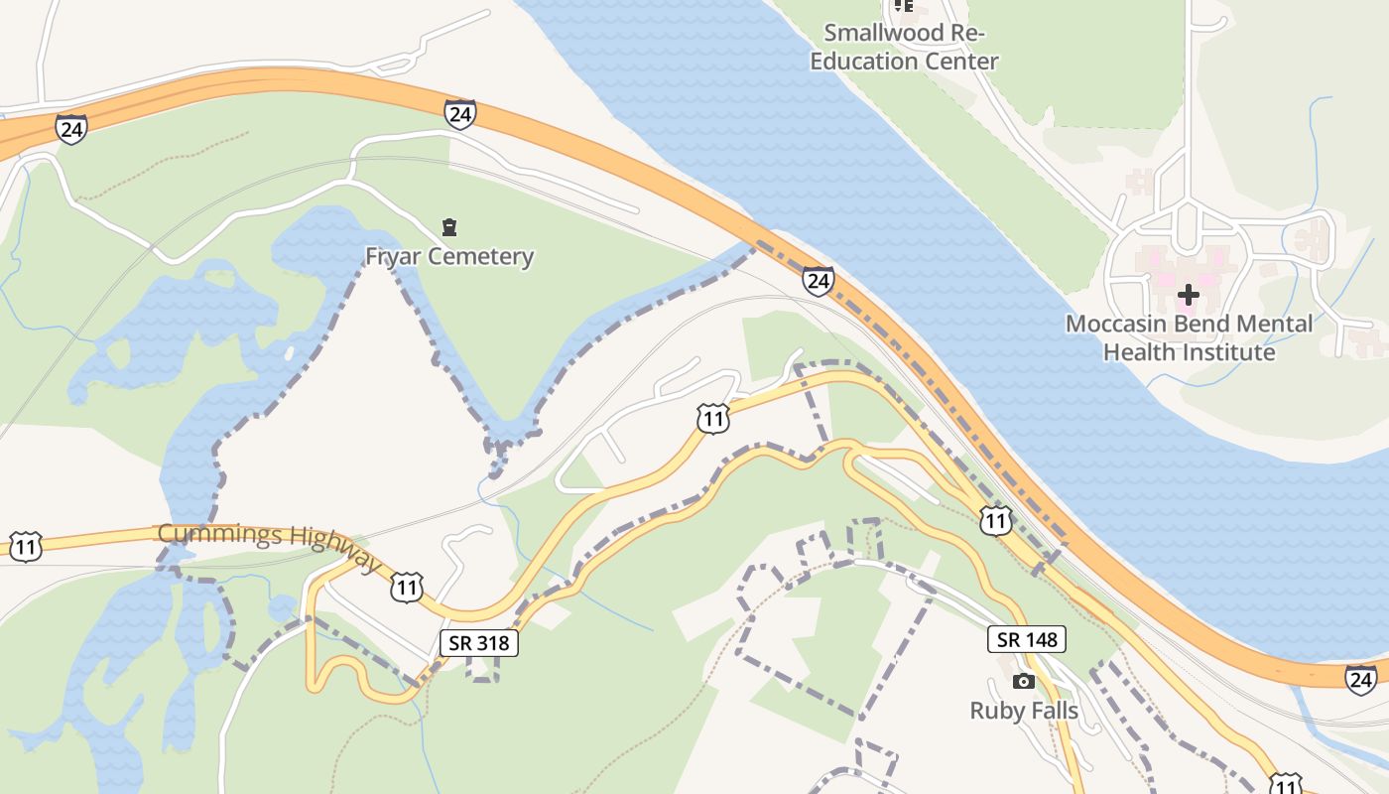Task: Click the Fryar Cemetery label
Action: [449, 256]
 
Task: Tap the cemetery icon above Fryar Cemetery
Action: [449, 227]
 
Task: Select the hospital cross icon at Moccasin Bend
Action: [1188, 295]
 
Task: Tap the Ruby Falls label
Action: [1024, 710]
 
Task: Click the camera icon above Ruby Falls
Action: [1024, 681]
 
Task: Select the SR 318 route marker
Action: [479, 643]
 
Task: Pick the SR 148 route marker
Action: [1027, 640]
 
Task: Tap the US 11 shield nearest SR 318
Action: [406, 587]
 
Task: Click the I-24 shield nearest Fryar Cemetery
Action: [459, 114]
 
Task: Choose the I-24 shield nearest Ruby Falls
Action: [1361, 679]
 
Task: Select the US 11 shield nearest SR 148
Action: [995, 520]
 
